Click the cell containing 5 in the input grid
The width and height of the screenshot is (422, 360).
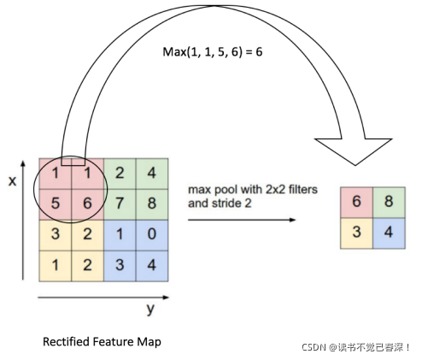pos(55,205)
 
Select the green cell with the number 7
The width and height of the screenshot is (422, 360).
pos(120,205)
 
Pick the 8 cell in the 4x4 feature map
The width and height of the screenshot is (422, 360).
pos(151,205)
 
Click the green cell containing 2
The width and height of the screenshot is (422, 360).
pos(120,174)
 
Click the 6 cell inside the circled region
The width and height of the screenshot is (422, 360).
pos(86,205)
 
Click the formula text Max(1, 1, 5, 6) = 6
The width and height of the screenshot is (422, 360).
pos(213,52)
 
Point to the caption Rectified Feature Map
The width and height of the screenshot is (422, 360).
pos(102,341)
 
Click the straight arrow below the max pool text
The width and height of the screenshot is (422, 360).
pos(242,220)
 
